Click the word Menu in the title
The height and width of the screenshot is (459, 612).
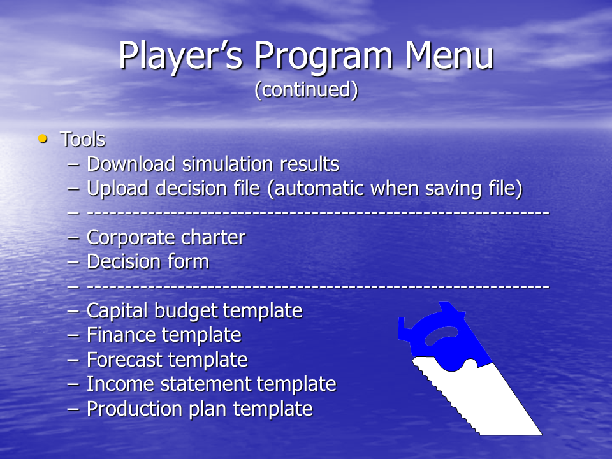tap(449, 55)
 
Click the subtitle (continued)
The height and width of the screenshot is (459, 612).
tap(307, 89)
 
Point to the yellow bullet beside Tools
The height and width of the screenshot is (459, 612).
tap(43, 138)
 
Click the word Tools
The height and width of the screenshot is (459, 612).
tap(83, 140)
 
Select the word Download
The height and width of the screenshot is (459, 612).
tap(131, 164)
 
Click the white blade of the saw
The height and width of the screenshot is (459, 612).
tap(492, 402)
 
